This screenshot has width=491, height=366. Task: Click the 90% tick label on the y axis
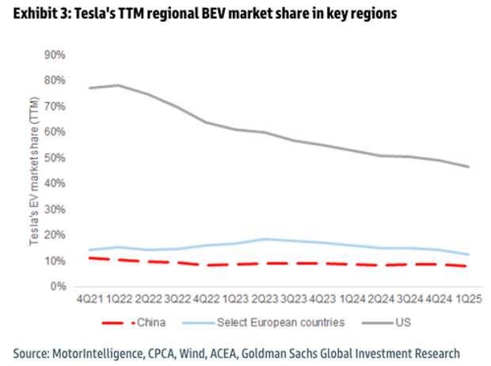(55, 55)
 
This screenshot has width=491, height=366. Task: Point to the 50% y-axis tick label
(55, 158)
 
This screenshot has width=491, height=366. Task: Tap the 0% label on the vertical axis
(59, 286)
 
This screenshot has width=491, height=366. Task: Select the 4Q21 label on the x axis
(89, 299)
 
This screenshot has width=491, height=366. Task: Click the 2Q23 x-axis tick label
(265, 299)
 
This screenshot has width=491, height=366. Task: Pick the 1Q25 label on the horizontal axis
(469, 299)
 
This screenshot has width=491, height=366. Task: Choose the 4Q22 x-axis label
(207, 299)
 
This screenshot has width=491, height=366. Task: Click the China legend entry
(134, 322)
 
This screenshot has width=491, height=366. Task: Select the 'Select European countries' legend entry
(264, 322)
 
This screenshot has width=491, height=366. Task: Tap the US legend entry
(386, 322)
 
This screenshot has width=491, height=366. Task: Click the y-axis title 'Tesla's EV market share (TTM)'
(34, 171)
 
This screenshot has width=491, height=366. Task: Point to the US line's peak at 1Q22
(118, 85)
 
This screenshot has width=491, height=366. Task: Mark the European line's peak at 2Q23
(265, 239)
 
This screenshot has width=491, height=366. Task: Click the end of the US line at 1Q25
(469, 166)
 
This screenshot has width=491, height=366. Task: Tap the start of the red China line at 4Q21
(89, 258)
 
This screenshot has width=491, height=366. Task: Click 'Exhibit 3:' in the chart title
(41, 13)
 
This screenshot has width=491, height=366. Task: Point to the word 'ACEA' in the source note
(223, 354)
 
